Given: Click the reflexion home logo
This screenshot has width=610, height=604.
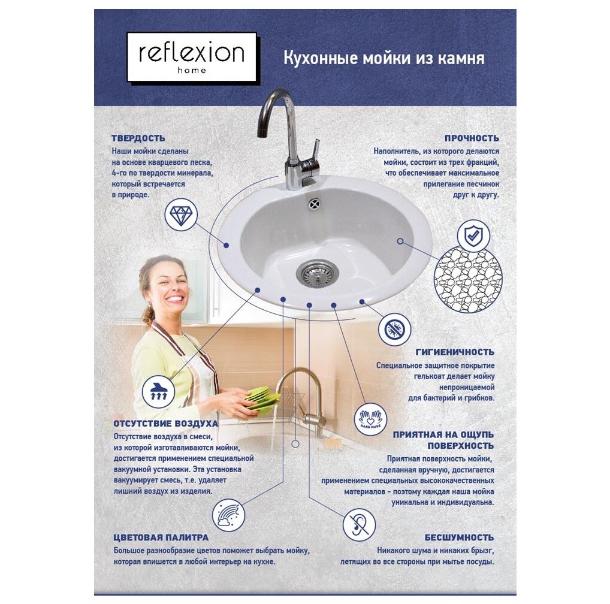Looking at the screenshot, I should pyautogui.click(x=191, y=57).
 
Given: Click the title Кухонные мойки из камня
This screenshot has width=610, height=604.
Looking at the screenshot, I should pyautogui.click(x=383, y=59).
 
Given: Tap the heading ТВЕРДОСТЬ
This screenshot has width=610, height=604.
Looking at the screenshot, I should pyautogui.click(x=138, y=138).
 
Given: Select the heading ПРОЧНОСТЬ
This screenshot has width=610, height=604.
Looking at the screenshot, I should pyautogui.click(x=471, y=138).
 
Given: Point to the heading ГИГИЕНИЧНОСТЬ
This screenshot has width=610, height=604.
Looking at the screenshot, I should pyautogui.click(x=455, y=352).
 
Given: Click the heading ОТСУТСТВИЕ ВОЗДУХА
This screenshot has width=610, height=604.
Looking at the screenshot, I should pyautogui.click(x=166, y=424).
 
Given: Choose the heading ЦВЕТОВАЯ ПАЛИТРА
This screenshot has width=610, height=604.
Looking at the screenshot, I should pyautogui.click(x=161, y=537).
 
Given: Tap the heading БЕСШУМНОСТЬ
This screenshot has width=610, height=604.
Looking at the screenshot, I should pyautogui.click(x=459, y=537).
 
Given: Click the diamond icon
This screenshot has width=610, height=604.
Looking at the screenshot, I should pyautogui.click(x=180, y=215).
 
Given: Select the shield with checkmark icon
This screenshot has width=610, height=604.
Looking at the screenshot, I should pyautogui.click(x=473, y=235).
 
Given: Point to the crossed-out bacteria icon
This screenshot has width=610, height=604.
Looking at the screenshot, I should pyautogui.click(x=394, y=329).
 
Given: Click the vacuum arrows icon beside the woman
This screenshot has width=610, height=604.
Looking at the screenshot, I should pyautogui.click(x=159, y=391).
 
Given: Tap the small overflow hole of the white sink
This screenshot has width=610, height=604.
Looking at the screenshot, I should pyautogui.click(x=314, y=204).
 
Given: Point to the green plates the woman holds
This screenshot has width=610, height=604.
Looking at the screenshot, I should pyautogui.click(x=262, y=398).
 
